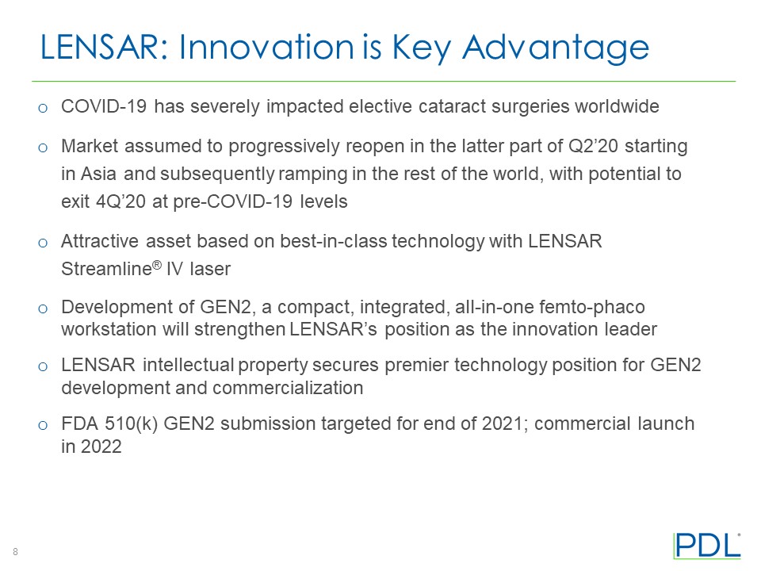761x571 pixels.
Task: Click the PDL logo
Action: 707,546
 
